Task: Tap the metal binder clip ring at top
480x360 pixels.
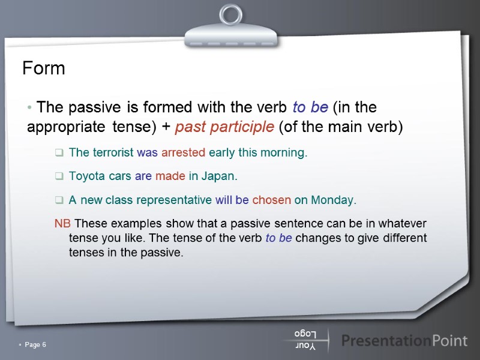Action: (x=230, y=14)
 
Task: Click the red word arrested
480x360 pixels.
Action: (x=183, y=153)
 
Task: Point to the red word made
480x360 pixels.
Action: (x=170, y=177)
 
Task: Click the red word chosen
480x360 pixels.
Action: (x=272, y=200)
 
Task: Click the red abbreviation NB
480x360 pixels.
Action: (x=62, y=224)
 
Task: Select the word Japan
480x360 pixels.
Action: (x=218, y=177)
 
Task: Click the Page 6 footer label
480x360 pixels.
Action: (x=35, y=344)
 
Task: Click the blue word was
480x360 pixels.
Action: (x=147, y=153)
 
